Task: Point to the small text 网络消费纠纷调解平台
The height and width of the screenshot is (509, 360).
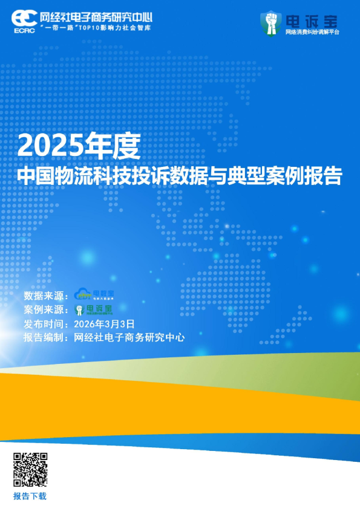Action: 312,31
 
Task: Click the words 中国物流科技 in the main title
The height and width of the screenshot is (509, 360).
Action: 72,176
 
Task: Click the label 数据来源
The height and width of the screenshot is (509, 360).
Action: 44,296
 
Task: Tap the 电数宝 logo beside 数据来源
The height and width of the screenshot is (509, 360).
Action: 94,295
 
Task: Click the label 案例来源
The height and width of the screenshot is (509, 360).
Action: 44,310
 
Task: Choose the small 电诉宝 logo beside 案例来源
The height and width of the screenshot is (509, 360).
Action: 94,310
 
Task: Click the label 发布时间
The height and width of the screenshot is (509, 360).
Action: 44,324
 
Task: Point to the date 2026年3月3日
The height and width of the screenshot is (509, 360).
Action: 103,324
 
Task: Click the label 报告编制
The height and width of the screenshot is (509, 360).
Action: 44,338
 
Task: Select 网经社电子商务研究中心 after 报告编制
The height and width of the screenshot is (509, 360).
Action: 128,338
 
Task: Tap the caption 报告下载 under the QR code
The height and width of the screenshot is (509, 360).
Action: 30,496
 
